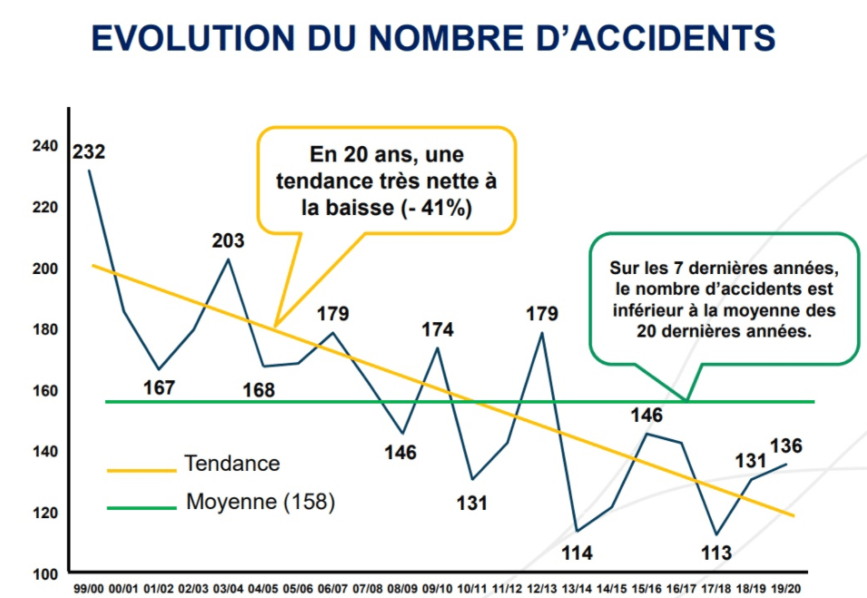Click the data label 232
[x=89, y=151]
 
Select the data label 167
[x=159, y=388]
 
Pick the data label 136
[x=786, y=446]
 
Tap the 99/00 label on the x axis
[x=89, y=590]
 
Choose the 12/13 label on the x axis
[x=542, y=590]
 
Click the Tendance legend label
[x=232, y=464]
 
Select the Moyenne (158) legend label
[x=261, y=501]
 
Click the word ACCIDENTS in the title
[x=656, y=39]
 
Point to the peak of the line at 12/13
[x=542, y=332]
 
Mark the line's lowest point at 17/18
[x=716, y=534]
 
